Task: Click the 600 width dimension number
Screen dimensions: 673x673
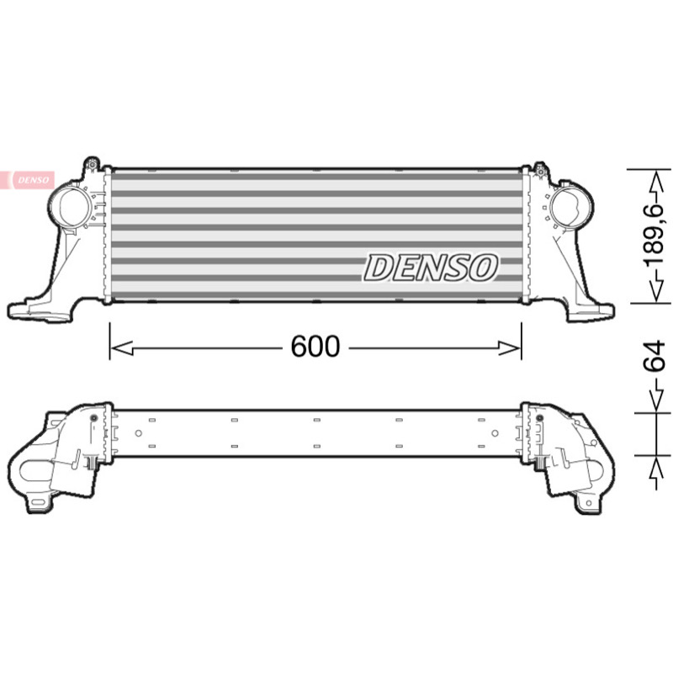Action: (x=315, y=347)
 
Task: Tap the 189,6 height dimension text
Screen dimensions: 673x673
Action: (x=657, y=237)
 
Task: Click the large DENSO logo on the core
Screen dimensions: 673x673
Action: (x=431, y=268)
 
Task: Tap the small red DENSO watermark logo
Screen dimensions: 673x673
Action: (x=28, y=180)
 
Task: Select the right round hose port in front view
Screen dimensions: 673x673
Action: (x=570, y=208)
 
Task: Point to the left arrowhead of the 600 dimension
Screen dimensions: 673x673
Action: (x=122, y=348)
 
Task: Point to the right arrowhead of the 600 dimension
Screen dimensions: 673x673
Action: (x=510, y=348)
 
